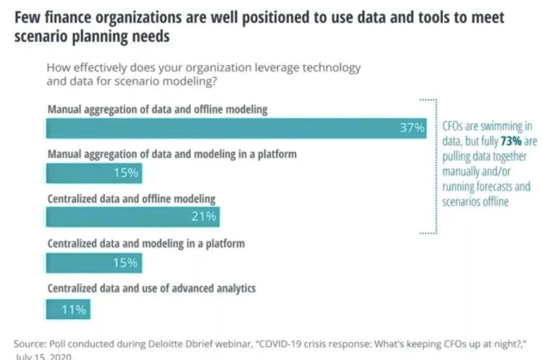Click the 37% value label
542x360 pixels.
coord(412,128)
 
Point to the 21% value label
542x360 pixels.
coord(204,216)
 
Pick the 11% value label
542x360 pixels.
coord(73,310)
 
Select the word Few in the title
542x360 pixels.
coord(27,18)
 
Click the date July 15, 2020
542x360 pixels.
coord(44,357)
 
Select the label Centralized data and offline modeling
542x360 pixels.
coord(131,199)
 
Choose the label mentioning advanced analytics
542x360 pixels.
coord(151,288)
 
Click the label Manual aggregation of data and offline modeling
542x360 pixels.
coord(157,109)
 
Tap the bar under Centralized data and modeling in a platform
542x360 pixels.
coord(94,263)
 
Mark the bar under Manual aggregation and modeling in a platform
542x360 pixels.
coord(94,173)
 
